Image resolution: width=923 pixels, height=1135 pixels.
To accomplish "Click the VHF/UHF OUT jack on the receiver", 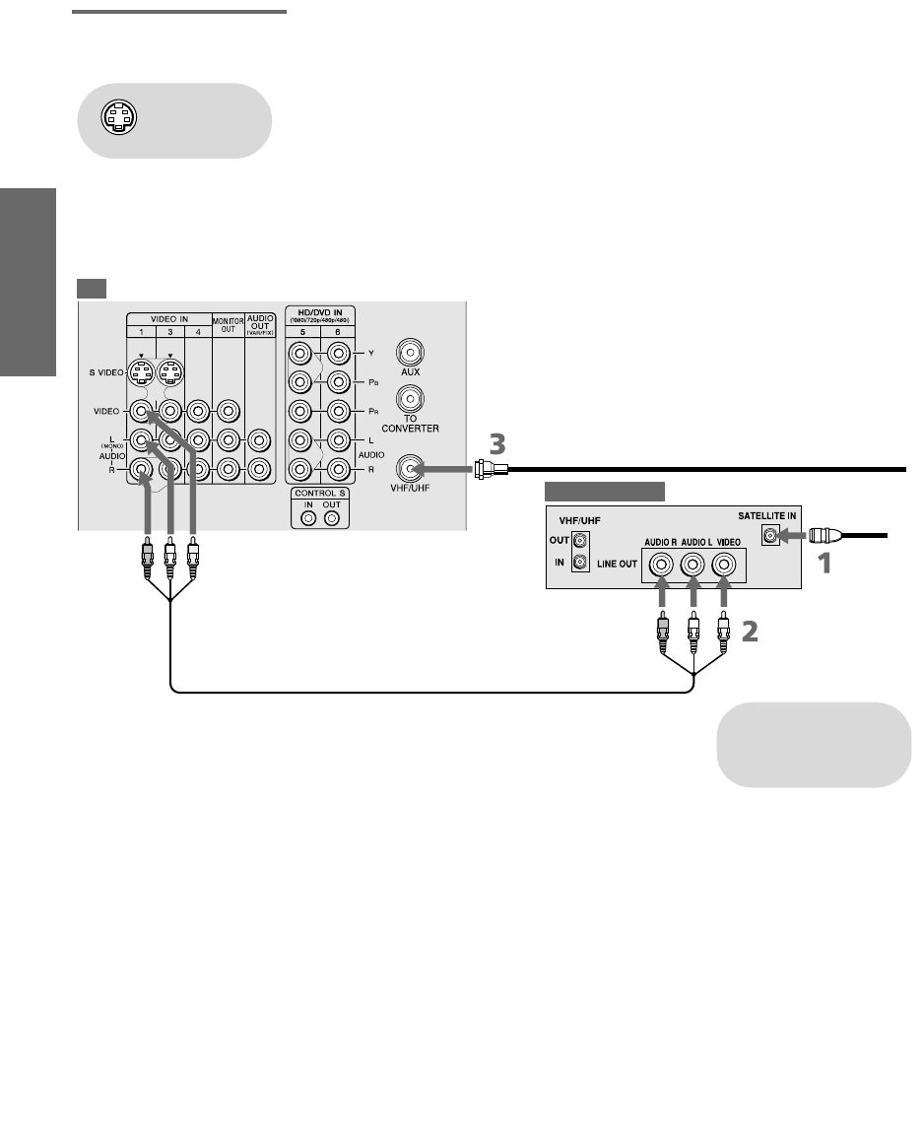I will pos(581,540).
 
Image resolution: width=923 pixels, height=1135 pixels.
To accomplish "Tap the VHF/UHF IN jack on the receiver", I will pos(581,563).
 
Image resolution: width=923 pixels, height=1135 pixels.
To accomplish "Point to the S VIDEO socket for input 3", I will pos(172,373).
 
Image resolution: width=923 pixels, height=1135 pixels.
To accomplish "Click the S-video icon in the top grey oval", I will pos(115,118).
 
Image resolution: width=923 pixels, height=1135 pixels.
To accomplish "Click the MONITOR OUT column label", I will pos(228,324).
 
